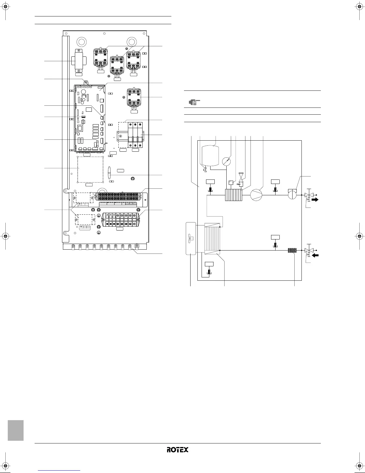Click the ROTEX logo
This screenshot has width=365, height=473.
[177, 449]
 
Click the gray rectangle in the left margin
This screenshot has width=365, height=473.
[16, 430]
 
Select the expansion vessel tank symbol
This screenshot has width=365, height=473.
[210, 156]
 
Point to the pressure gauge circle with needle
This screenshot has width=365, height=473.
[226, 162]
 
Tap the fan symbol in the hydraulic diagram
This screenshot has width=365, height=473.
[191, 238]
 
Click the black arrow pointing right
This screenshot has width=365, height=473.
[315, 199]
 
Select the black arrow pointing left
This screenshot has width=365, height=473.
[315, 255]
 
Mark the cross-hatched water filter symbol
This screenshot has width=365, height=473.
[292, 250]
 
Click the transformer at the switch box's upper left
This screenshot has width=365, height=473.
[78, 61]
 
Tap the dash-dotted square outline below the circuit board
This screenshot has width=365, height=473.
[90, 169]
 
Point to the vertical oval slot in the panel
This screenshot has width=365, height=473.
[109, 173]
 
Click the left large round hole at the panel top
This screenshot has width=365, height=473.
[81, 42]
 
